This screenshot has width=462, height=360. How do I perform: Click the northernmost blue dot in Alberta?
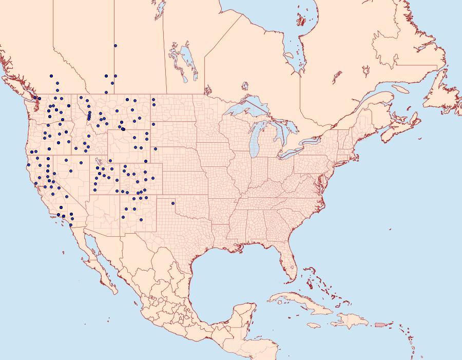click(115, 46)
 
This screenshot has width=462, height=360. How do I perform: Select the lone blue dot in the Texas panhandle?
click(173, 203)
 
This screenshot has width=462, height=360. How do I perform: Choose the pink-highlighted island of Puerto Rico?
click(379, 324)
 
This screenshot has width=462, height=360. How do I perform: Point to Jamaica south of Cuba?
click(314, 325)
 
